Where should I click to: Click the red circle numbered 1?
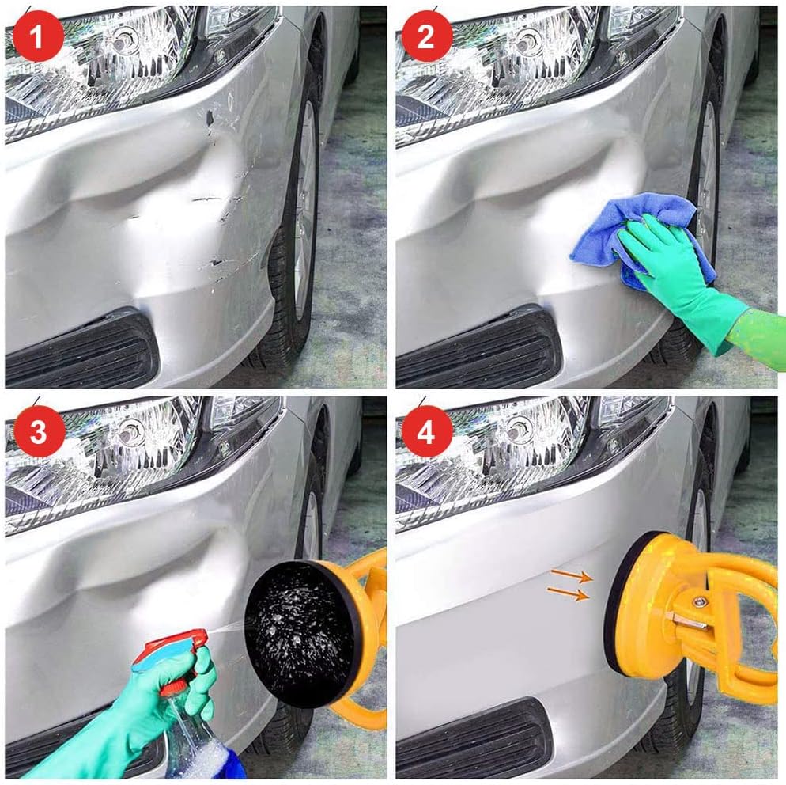pos(38,36)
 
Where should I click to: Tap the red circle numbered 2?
pos(426,36)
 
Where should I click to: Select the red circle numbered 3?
pos(39,431)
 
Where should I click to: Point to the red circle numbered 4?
pos(426,431)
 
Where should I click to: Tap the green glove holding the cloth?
pos(686,281)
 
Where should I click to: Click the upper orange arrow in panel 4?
pos(572,575)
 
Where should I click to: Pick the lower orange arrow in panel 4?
pos(568,593)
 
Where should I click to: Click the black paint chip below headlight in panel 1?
pos(210,118)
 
